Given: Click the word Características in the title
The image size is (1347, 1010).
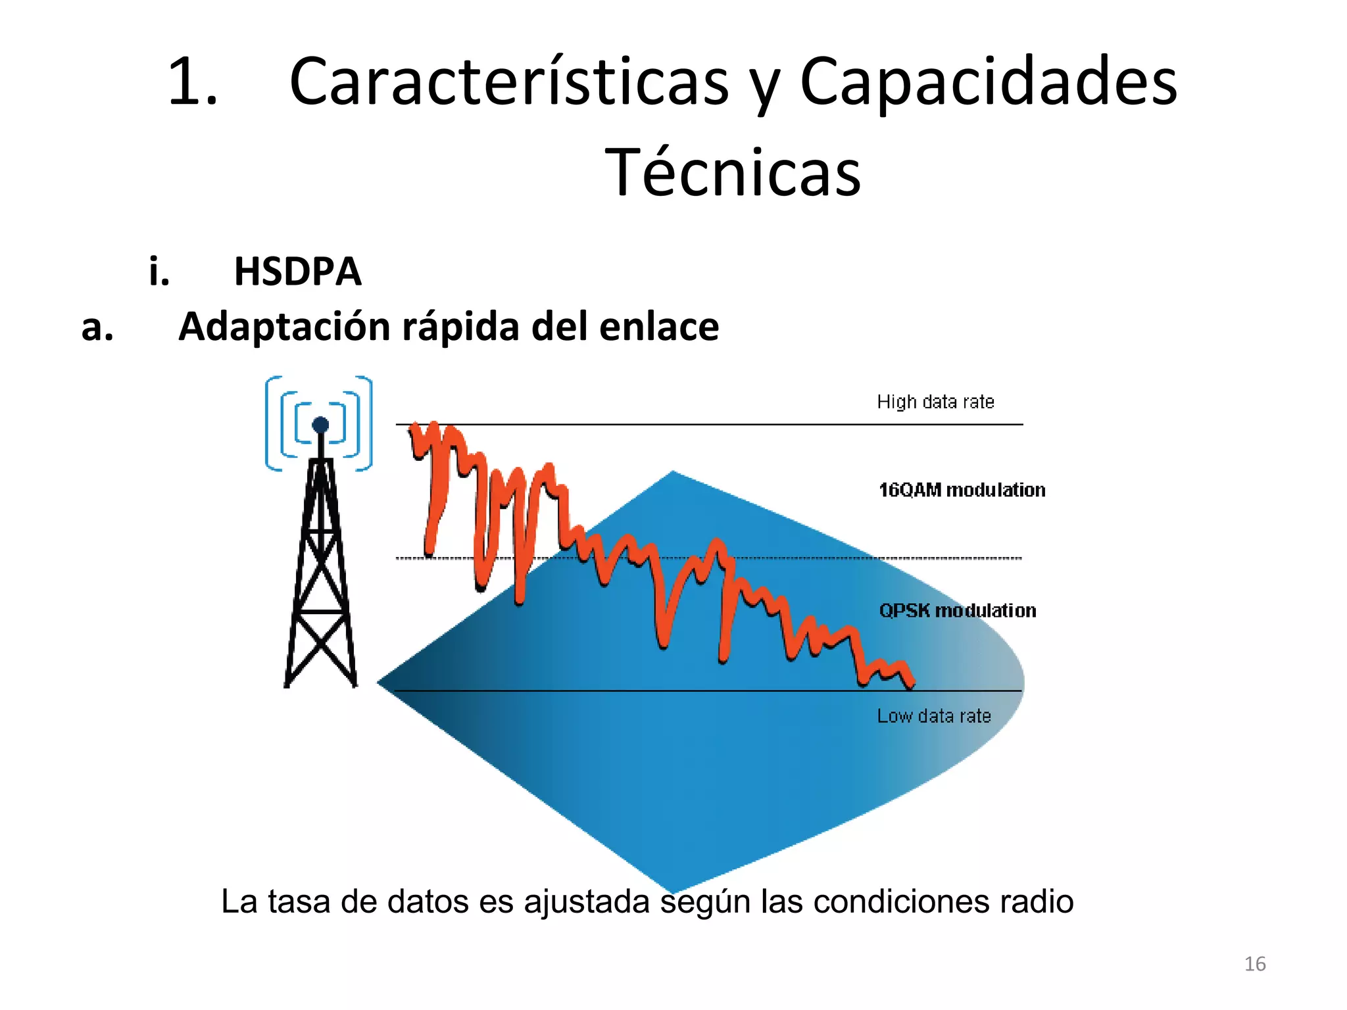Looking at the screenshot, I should (x=508, y=82).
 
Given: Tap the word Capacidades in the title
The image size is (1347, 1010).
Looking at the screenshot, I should (x=988, y=82).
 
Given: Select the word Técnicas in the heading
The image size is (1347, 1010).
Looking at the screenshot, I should (x=732, y=172).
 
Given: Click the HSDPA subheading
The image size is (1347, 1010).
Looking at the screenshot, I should (x=297, y=271).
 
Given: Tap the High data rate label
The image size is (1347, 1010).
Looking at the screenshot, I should (x=935, y=402).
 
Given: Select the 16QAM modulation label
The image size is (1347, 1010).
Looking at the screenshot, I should (x=962, y=490).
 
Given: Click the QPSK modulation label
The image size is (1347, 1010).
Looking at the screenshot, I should (x=957, y=611).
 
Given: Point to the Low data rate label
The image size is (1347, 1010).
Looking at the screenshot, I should (x=933, y=716).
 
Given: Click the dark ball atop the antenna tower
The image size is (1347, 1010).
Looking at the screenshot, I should (x=320, y=425).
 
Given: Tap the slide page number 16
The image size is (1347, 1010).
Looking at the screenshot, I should (x=1255, y=964).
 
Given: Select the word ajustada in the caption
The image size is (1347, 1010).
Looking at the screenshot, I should (x=587, y=903).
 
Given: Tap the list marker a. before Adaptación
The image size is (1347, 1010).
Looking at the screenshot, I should (x=97, y=327).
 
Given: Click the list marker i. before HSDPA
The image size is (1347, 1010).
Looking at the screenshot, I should (x=159, y=271).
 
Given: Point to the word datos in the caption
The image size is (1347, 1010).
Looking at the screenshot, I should (x=428, y=902).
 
